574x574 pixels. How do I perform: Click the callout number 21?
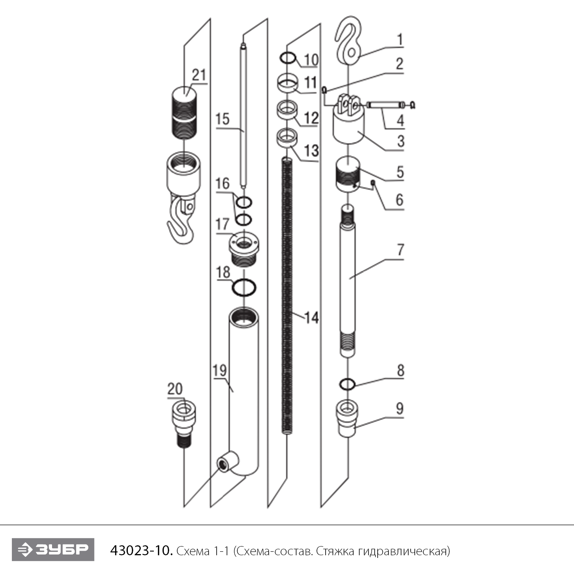point(199,75)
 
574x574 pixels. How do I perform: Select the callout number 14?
point(311,317)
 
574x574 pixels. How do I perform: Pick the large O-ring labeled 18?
point(244,287)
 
